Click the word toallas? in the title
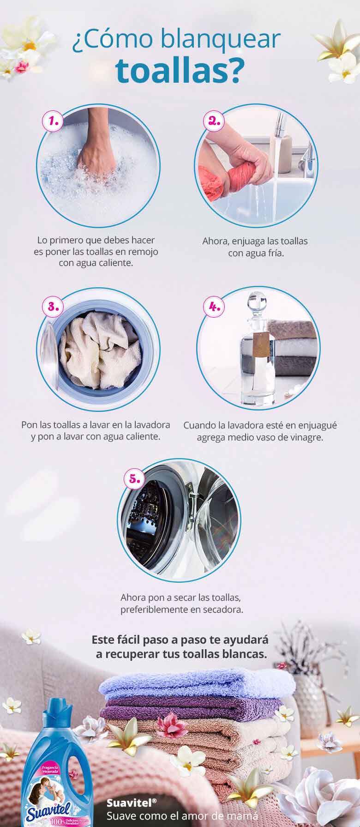(x=180, y=71)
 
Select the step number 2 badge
(x=213, y=121)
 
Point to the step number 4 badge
(x=213, y=306)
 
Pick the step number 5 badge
(x=134, y=478)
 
